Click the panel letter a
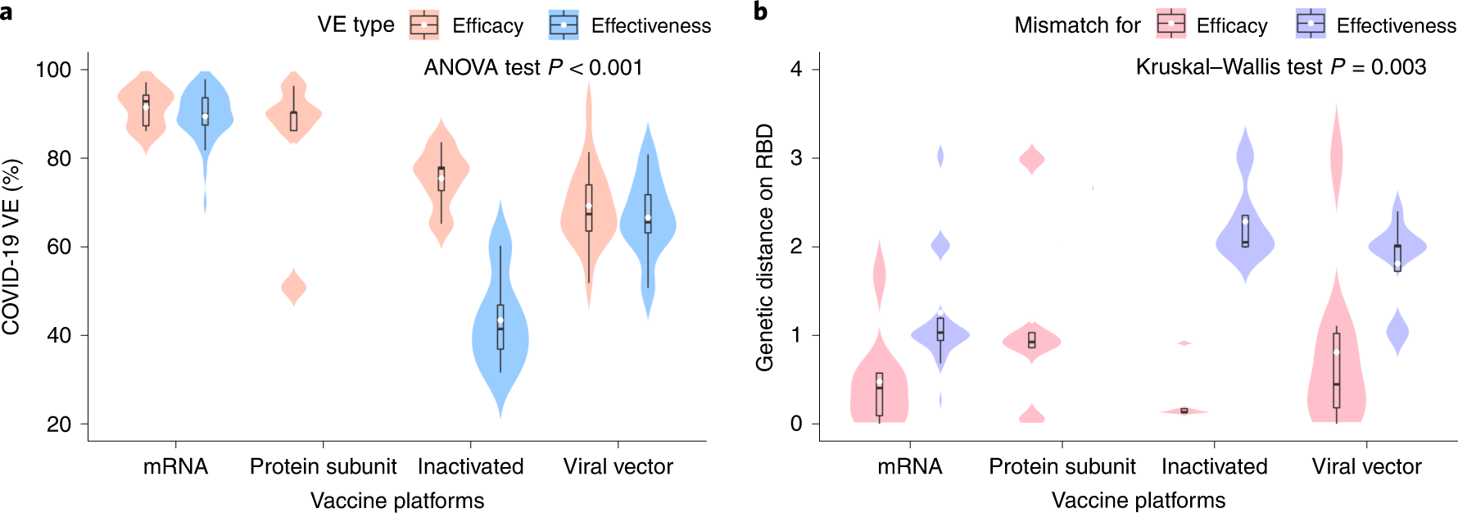7,11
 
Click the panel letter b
760,11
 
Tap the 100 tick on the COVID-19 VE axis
53,70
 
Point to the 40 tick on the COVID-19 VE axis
59,335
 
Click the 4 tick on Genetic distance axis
796,70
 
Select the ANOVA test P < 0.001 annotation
532,67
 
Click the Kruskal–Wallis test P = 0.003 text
1280,67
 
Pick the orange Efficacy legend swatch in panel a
424,25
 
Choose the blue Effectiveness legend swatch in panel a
564,25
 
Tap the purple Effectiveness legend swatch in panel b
1311,25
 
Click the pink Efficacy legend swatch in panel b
1171,25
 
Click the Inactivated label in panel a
470,466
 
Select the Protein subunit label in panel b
1062,466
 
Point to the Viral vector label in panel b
1366,466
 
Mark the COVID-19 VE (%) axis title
11,246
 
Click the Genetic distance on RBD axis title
765,246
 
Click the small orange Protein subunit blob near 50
293,288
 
